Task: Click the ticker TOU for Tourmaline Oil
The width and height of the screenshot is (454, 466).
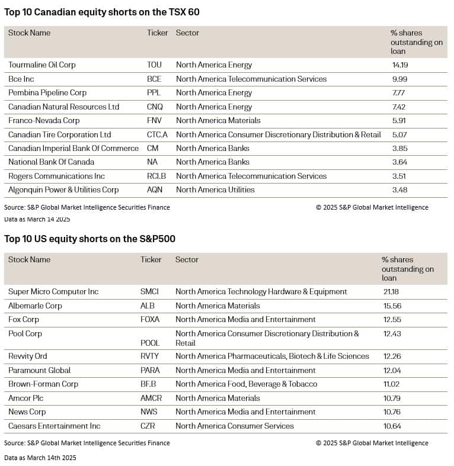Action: [154, 65]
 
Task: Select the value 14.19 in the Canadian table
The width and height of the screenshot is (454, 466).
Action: [399, 65]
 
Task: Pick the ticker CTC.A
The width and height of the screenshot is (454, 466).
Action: [157, 134]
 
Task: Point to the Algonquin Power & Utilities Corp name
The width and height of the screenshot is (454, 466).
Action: [63, 190]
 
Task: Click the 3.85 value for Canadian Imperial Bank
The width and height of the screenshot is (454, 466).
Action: [399, 149]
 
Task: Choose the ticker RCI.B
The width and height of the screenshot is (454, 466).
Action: [157, 176]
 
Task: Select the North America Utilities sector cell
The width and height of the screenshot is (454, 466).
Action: [215, 190]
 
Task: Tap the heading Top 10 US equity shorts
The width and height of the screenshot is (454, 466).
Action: [89, 239]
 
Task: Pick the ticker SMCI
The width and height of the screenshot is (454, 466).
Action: [149, 292]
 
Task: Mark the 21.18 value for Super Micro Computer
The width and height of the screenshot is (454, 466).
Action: [392, 292]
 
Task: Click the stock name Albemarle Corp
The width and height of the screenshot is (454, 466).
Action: [35, 306]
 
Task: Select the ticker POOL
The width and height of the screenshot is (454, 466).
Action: [150, 343]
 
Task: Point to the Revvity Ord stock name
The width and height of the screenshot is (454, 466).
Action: [28, 356]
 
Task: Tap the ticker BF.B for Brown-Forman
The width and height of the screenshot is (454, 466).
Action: [149, 384]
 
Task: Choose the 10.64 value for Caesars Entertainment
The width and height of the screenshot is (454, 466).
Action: [391, 426]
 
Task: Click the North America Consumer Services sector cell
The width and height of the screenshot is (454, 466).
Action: [235, 426]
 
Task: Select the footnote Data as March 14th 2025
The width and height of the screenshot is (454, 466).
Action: [40, 458]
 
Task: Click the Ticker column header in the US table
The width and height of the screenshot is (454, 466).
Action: [151, 260]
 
